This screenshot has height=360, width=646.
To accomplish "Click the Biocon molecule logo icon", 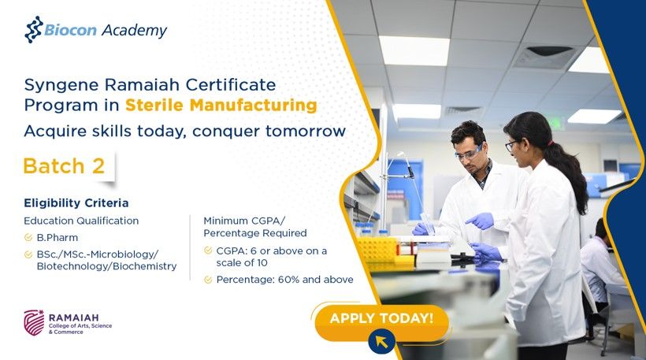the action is (33, 30).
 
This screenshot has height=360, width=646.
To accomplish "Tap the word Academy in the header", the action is (134, 31).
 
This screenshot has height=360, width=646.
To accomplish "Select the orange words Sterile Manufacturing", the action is (221, 105).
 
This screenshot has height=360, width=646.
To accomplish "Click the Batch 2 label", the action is (65, 166).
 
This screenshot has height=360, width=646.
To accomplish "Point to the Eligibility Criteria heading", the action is (76, 203).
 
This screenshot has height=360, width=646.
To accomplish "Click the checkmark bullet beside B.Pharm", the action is (28, 238).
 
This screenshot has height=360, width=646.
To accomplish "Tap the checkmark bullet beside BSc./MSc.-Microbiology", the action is (28, 254).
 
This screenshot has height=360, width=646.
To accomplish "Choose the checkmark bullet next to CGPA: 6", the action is (208, 251).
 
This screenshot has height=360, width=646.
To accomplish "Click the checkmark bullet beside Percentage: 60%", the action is (208, 280).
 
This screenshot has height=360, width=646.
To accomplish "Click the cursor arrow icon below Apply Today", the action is (381, 341).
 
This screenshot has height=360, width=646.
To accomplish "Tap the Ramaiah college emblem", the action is (34, 322).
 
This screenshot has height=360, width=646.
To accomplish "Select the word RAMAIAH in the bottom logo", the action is (74, 317).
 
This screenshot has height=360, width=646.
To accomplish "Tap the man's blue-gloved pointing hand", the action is (480, 221).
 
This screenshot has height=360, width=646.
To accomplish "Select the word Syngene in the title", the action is (61, 86).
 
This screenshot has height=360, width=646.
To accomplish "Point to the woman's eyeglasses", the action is (510, 145).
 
